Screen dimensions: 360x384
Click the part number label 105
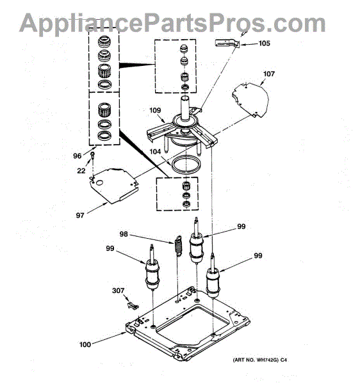[x=264, y=44]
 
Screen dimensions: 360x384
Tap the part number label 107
[x=269, y=74]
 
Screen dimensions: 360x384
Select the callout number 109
[x=155, y=111]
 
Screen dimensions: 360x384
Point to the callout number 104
[x=155, y=152]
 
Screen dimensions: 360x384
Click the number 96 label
[x=78, y=156]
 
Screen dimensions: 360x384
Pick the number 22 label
[x=81, y=171]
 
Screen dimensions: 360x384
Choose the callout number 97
[x=80, y=216]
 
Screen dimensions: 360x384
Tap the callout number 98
[x=124, y=234]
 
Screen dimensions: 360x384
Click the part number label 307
[x=118, y=291]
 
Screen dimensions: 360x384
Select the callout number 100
[x=85, y=344]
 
